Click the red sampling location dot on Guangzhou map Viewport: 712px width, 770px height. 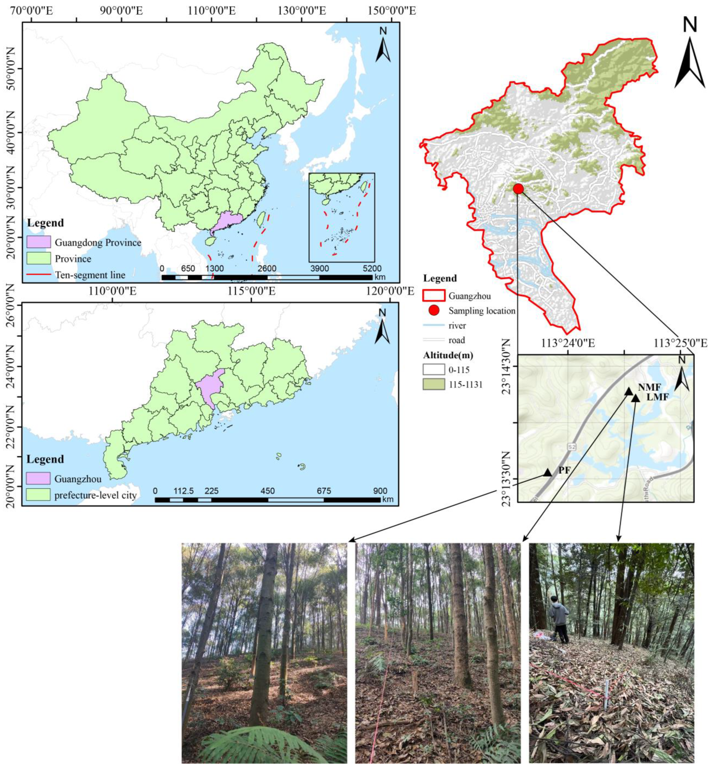pos(518,189)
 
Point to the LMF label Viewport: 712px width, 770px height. pos(657,397)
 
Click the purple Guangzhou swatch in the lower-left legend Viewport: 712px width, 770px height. pos(38,478)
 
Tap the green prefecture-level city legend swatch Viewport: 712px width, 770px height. pos(38,495)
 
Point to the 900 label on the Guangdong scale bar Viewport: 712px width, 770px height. pos(380,491)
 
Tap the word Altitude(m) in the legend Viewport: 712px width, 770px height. pos(448,355)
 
